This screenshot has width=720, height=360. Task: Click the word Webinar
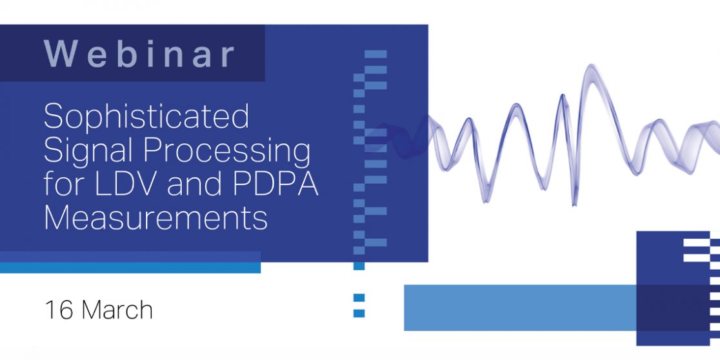tap(139, 54)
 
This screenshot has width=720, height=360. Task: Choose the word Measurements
tap(155, 218)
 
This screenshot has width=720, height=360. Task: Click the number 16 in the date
tap(59, 310)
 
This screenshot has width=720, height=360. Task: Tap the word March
tap(117, 310)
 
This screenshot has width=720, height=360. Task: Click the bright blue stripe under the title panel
tap(130, 268)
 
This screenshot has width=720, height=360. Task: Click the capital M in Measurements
tap(57, 218)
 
